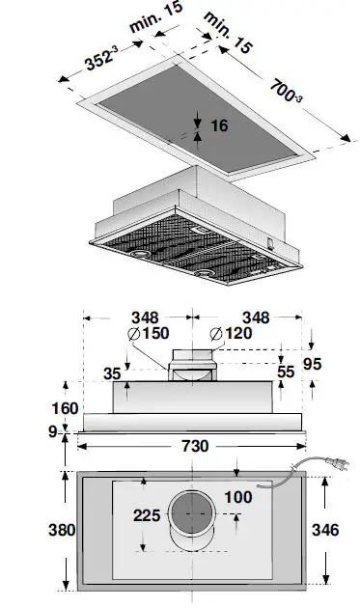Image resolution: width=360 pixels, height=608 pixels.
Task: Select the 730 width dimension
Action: (x=196, y=447)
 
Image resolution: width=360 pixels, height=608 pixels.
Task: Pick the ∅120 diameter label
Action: (x=230, y=335)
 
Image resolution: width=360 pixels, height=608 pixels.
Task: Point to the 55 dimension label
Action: (x=286, y=371)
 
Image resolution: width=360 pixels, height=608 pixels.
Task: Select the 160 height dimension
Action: (x=65, y=408)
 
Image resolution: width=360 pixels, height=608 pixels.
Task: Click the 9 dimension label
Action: (x=53, y=431)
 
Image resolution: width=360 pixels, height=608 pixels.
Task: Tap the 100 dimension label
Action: (x=239, y=498)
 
